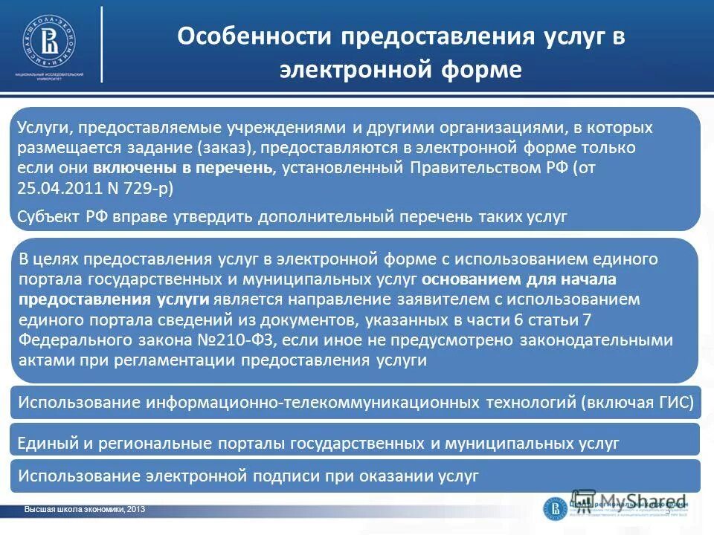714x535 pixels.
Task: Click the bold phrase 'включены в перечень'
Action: coord(184,168)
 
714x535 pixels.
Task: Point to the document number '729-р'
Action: coord(152,187)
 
